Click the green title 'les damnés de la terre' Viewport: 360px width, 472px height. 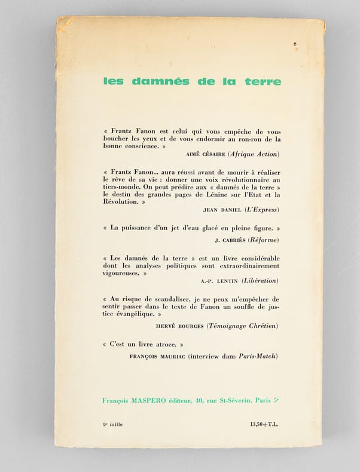(x=191, y=81)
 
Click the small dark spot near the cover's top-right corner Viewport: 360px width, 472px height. (x=295, y=44)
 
